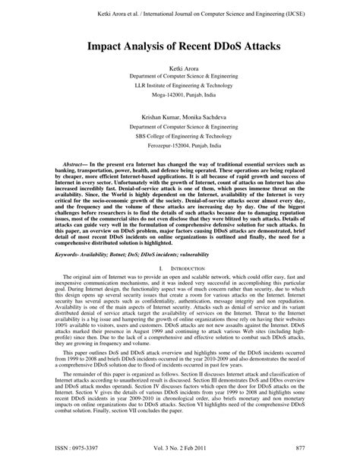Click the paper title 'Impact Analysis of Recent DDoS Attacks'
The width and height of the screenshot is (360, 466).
click(x=180, y=46)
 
